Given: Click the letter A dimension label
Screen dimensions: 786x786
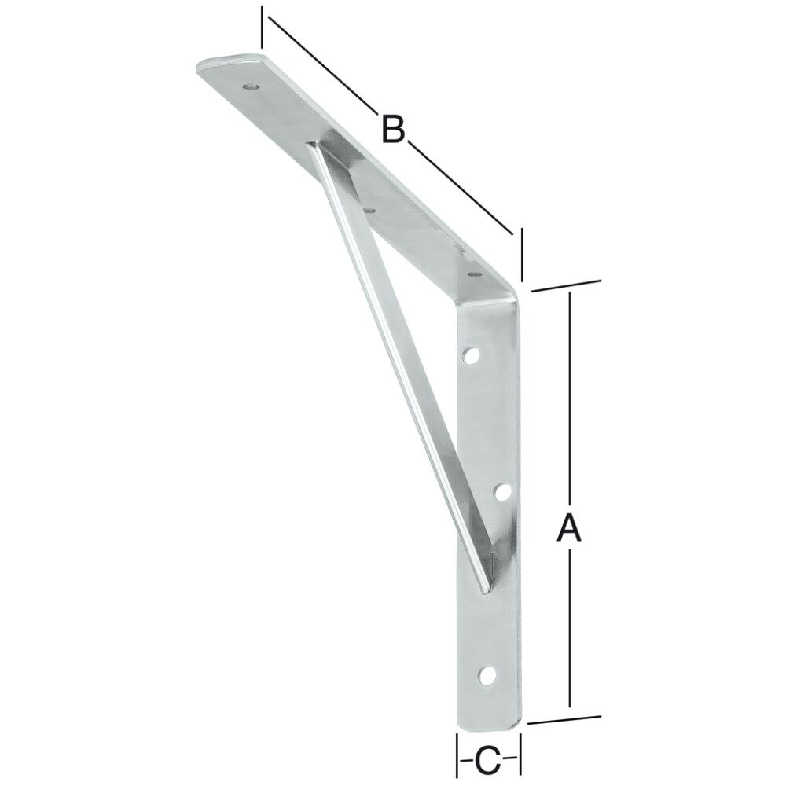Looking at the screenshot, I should pos(568,527).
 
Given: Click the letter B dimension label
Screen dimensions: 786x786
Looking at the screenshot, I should pos(392,128).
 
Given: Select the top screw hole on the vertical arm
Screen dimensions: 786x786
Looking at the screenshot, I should pos(472,357).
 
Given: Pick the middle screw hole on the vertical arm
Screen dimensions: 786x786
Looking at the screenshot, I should pos(502,493).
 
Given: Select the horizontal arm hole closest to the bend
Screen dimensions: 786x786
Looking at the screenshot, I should pos(472,275).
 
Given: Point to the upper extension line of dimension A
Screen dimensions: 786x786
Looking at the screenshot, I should pos(566,285).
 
